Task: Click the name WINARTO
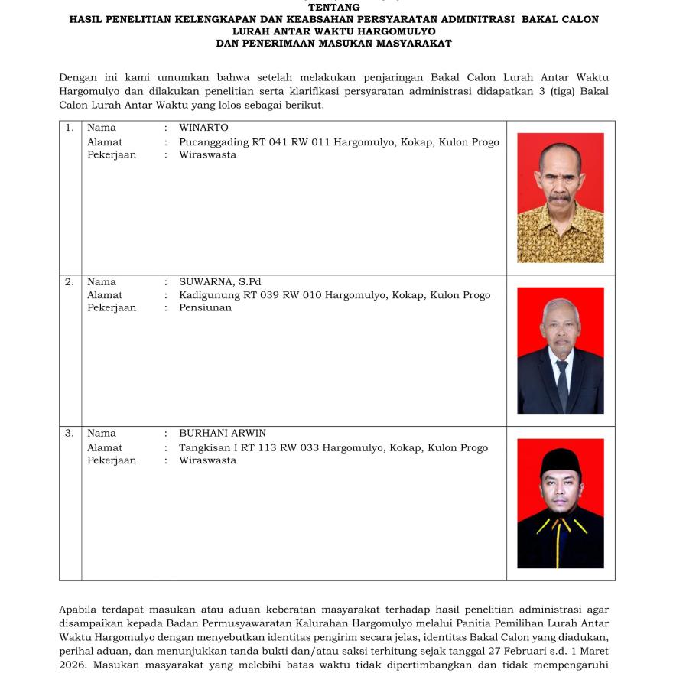point(203,128)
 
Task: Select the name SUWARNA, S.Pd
point(220,282)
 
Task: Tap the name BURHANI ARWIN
point(223,433)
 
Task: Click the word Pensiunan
point(205,308)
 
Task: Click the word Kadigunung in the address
point(208,295)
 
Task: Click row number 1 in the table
point(70,128)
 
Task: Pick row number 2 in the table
point(70,282)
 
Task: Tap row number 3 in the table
point(70,433)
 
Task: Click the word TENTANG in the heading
point(333,8)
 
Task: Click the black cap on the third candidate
point(560,460)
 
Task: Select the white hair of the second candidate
point(561,305)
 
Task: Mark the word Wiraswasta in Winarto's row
point(207,155)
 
